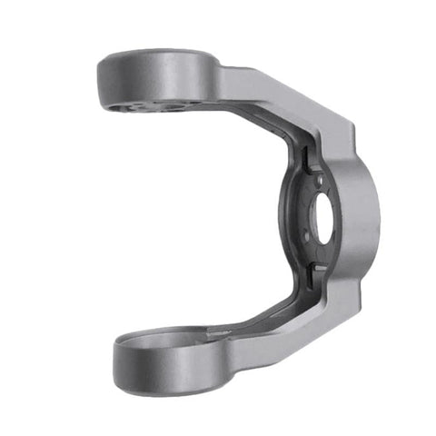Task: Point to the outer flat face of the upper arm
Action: pyautogui.click(x=272, y=95)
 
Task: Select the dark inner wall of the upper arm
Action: pyautogui.click(x=254, y=123)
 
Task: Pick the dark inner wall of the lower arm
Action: pyautogui.click(x=263, y=309)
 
